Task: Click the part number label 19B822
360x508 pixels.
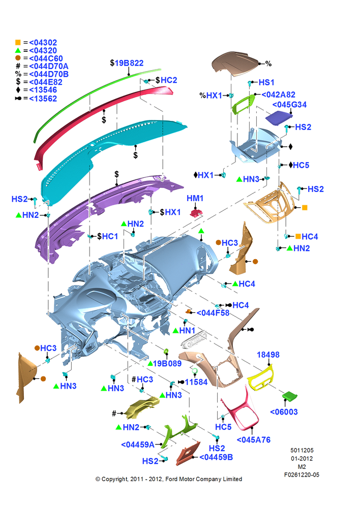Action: click(129, 63)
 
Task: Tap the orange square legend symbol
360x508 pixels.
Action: click(18, 43)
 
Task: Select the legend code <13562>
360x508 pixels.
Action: click(43, 99)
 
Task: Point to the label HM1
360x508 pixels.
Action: click(195, 198)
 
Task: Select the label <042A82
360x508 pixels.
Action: click(278, 94)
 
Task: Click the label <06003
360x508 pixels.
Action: click(284, 412)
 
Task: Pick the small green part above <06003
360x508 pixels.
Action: click(290, 396)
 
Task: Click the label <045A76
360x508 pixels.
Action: click(253, 439)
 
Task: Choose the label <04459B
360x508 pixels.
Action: click(216, 457)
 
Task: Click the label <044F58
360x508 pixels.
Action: click(213, 312)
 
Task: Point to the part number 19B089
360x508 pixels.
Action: click(167, 363)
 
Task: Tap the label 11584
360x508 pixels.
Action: click(196, 382)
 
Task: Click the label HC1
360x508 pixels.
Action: click(110, 236)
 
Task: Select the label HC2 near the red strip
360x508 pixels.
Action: click(169, 80)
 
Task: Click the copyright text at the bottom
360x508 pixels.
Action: click(169, 479)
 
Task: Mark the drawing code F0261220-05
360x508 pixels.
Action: click(302, 474)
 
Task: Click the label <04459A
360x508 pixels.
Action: click(137, 444)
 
